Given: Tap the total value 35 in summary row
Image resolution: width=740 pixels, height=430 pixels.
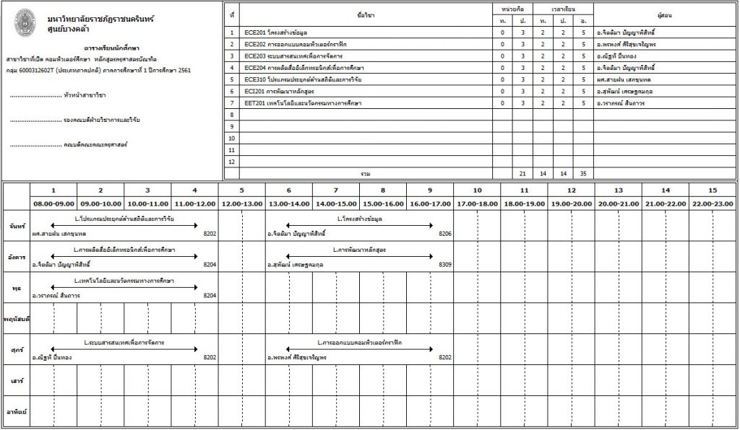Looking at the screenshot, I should point(583,174).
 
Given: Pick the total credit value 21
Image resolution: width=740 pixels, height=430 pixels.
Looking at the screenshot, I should point(522,174).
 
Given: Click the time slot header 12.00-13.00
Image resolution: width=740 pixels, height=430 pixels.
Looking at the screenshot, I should point(242,204).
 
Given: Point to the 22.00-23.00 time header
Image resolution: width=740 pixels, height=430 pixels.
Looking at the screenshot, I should point(712,204).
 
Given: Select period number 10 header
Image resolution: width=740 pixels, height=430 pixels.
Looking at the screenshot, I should point(477,190).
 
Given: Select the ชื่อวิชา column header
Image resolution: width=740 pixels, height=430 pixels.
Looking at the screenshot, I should point(366,14).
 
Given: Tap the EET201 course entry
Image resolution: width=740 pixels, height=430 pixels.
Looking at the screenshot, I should point(303,103).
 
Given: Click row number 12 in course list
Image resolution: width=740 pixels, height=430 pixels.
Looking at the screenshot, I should point(231,162).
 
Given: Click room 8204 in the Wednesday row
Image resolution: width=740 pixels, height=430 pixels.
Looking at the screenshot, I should point(210,295).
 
